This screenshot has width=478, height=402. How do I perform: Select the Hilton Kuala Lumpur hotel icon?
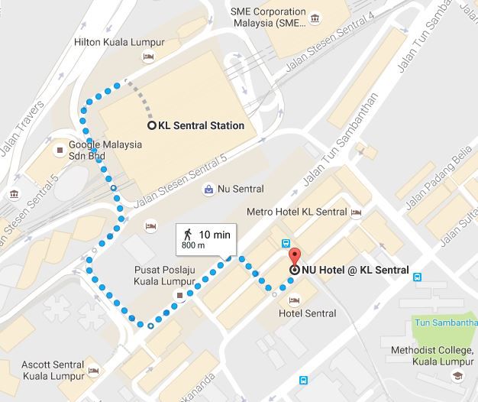(149, 57)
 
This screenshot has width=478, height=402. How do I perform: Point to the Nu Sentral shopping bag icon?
(208, 189)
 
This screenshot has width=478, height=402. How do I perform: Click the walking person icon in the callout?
(186, 233)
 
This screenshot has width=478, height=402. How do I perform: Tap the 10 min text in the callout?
(215, 234)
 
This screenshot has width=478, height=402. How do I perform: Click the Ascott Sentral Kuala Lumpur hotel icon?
(94, 371)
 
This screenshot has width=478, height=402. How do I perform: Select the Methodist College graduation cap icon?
(456, 376)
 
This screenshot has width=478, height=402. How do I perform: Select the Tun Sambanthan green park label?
(445, 323)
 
